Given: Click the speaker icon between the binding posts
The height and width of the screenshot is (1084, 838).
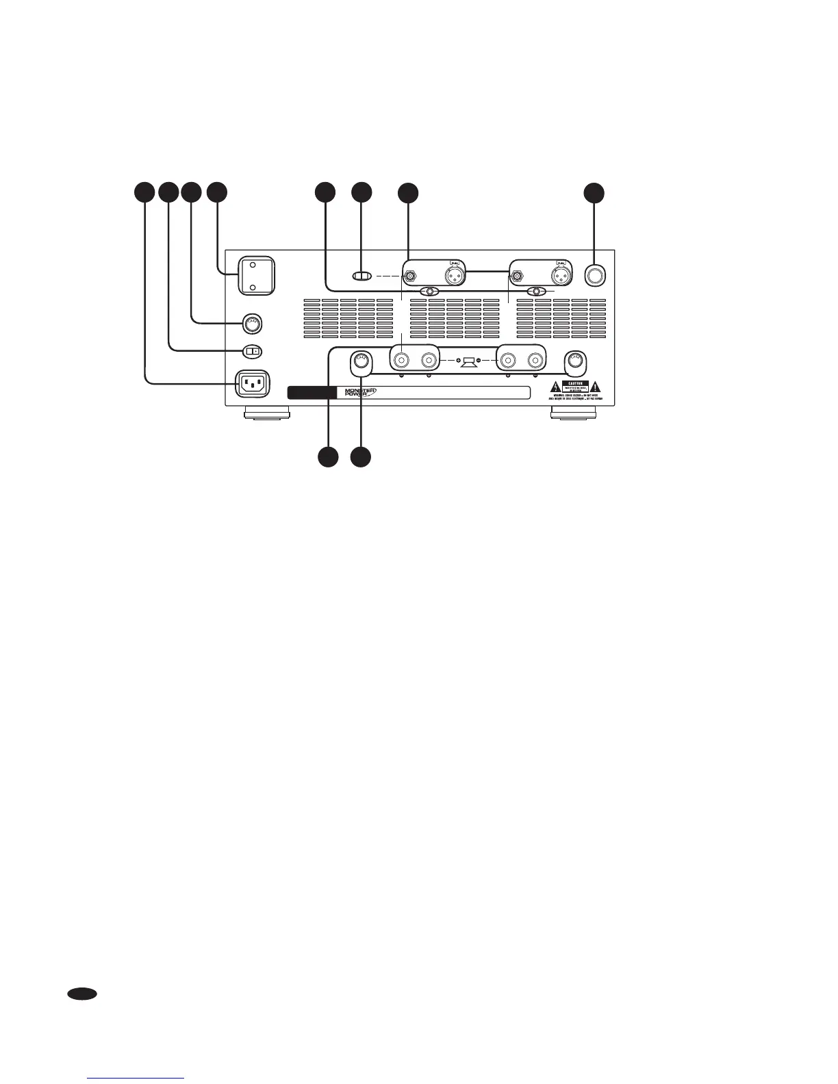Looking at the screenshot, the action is pyautogui.click(x=469, y=360).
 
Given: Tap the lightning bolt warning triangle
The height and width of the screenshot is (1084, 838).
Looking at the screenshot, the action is pyautogui.click(x=555, y=387).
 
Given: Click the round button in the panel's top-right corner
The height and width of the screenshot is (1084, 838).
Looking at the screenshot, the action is pyautogui.click(x=595, y=274).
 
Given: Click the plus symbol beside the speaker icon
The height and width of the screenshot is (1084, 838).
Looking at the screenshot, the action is pyautogui.click(x=457, y=360).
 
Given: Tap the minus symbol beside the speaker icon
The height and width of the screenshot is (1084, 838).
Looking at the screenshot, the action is pyautogui.click(x=479, y=360).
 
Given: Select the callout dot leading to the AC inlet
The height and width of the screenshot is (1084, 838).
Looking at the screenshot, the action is pyautogui.click(x=144, y=192).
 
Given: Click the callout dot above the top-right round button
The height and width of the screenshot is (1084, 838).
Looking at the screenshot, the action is pyautogui.click(x=594, y=192).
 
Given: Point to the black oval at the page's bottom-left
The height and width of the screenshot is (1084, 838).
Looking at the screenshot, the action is pyautogui.click(x=81, y=994).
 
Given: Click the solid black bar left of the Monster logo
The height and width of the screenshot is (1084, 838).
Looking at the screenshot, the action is pyautogui.click(x=312, y=392).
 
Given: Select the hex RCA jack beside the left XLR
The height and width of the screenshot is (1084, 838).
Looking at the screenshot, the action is pyautogui.click(x=409, y=276).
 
